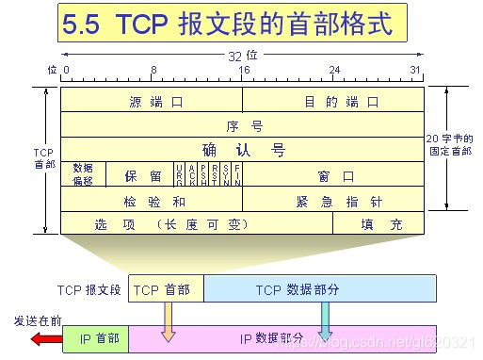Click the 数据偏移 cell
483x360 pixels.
coord(83,174)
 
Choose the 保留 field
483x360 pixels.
coord(142,175)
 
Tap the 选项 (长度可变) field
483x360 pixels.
coord(196,223)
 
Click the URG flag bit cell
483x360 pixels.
coord(179,174)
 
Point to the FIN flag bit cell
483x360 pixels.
coord(237,174)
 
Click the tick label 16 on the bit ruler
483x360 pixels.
coord(243,70)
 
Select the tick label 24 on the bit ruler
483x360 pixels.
coord(333,70)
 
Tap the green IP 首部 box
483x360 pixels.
coord(94,338)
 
